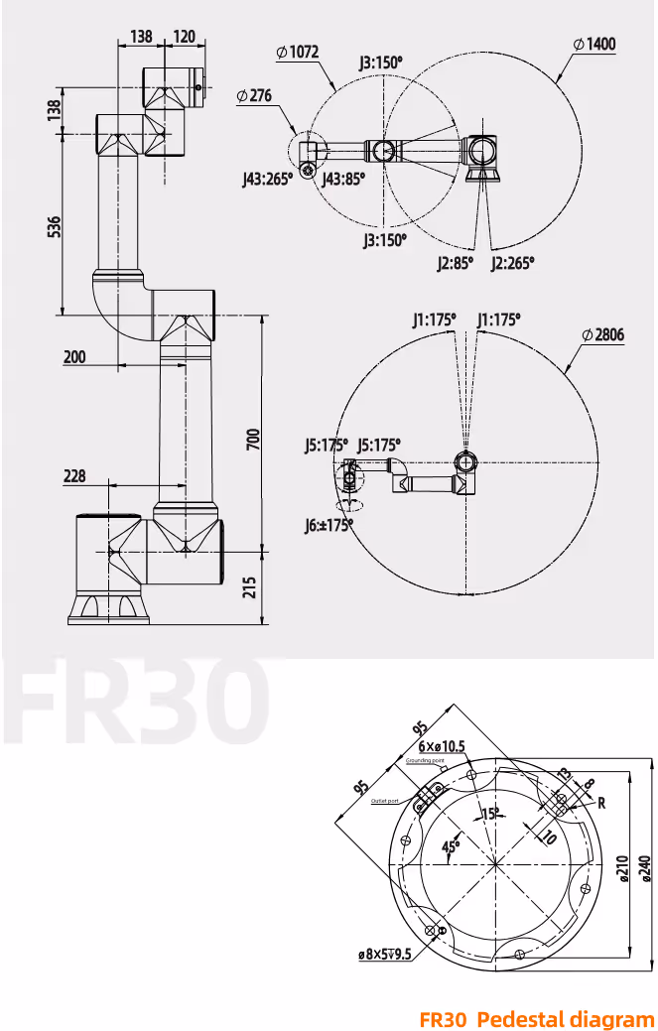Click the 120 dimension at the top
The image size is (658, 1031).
coord(184,37)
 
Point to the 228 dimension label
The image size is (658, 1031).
coord(74,476)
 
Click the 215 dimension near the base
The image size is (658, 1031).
coord(252,587)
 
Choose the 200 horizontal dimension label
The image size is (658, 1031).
coord(73,357)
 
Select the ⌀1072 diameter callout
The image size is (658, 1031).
coord(298,53)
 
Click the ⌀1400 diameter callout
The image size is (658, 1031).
coord(593,44)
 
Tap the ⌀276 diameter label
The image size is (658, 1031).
coord(255,96)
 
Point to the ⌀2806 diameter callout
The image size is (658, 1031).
coord(602,335)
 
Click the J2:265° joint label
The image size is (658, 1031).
coord(513,263)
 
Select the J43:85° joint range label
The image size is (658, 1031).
coord(343,179)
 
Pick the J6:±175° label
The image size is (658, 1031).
coord(329,526)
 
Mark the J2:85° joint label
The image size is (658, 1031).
coord(455,263)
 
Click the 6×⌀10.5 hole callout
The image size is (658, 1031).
coord(442,746)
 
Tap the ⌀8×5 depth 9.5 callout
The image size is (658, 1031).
coord(384,955)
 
